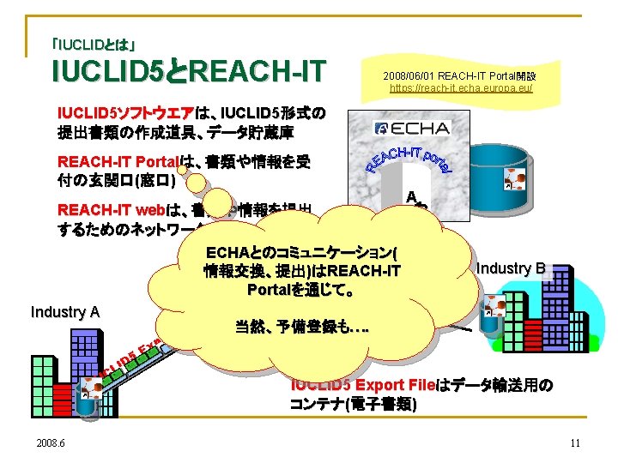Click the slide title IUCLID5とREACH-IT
(x=189, y=71)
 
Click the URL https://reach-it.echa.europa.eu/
(x=461, y=87)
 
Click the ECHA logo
(x=412, y=129)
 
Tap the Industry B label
(x=510, y=268)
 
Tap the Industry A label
(x=64, y=312)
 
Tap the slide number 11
(x=575, y=442)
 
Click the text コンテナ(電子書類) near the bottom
(x=354, y=404)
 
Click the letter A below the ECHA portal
(x=412, y=195)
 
